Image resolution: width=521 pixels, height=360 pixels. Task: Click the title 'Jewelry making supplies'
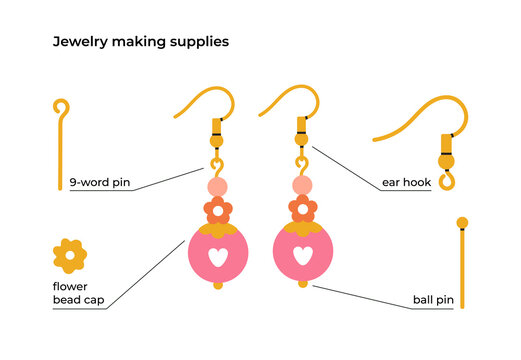(140, 42)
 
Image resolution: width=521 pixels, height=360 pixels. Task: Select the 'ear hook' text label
(406, 183)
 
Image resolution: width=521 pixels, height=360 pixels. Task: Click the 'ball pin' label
(435, 299)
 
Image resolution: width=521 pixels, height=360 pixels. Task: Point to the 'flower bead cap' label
(77, 292)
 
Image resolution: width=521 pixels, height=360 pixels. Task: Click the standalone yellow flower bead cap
(69, 256)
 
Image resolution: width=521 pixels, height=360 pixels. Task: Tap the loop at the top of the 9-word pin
(61, 106)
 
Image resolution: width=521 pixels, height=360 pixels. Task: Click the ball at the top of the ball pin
(462, 222)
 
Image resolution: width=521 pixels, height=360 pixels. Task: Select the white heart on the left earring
(218, 255)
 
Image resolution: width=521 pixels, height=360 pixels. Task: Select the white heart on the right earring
(302, 255)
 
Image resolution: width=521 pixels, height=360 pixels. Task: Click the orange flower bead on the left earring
(217, 210)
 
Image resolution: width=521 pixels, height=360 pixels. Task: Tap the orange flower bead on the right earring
(302, 210)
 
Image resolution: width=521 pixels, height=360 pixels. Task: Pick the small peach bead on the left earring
(217, 187)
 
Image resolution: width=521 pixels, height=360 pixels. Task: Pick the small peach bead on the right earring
(302, 186)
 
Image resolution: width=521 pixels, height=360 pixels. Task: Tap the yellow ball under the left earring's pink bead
(218, 285)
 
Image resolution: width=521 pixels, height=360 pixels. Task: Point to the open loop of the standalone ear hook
(447, 182)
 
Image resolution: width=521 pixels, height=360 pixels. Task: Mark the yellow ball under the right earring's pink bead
(303, 284)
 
